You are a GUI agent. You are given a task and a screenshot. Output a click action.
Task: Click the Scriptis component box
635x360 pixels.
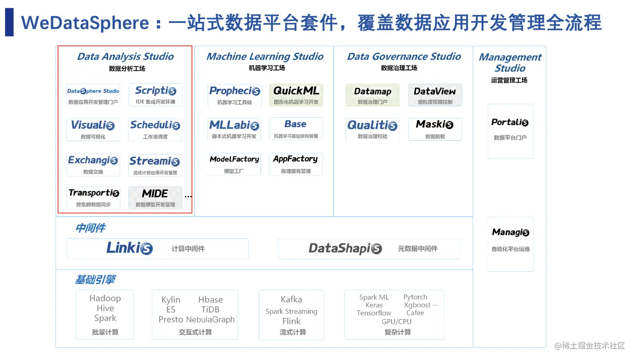(x=155, y=95)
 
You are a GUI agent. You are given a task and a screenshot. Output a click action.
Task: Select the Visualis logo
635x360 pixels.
(x=93, y=125)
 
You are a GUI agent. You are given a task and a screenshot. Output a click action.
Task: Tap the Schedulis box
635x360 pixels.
(x=155, y=130)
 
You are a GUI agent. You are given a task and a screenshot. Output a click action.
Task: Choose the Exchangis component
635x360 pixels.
(x=93, y=165)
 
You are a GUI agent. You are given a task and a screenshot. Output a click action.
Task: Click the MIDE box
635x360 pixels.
(x=155, y=198)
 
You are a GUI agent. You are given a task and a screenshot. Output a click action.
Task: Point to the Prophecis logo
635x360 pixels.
(x=235, y=91)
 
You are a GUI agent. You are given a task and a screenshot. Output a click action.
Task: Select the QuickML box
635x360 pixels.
(x=296, y=95)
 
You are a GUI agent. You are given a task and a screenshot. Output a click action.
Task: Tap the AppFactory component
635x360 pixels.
(x=296, y=164)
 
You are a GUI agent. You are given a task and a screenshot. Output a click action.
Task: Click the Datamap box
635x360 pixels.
(x=373, y=95)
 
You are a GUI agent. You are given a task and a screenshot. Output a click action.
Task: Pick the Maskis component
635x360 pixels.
(x=435, y=129)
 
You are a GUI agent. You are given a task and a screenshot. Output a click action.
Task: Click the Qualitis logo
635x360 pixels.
(x=372, y=125)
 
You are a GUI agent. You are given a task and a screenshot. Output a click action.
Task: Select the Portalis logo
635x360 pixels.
(x=510, y=122)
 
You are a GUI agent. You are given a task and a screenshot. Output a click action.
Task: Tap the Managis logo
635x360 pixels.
(x=511, y=232)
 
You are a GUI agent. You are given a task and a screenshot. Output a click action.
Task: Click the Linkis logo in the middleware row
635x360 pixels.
(x=130, y=248)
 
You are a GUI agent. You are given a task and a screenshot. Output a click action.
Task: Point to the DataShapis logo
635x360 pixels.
(x=345, y=248)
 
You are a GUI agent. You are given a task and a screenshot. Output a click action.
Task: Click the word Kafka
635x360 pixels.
(x=291, y=299)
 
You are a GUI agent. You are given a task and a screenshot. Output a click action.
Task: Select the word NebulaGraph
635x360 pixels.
(x=210, y=320)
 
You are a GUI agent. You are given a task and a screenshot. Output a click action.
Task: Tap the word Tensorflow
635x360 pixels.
(x=374, y=313)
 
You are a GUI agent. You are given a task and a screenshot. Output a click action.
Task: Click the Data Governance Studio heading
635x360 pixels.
(x=404, y=56)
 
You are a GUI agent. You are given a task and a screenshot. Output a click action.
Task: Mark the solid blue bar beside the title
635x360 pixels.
(x=9, y=22)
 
